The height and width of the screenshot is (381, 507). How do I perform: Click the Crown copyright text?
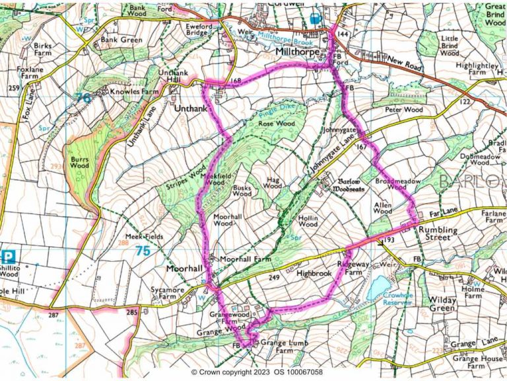tap(257, 372)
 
